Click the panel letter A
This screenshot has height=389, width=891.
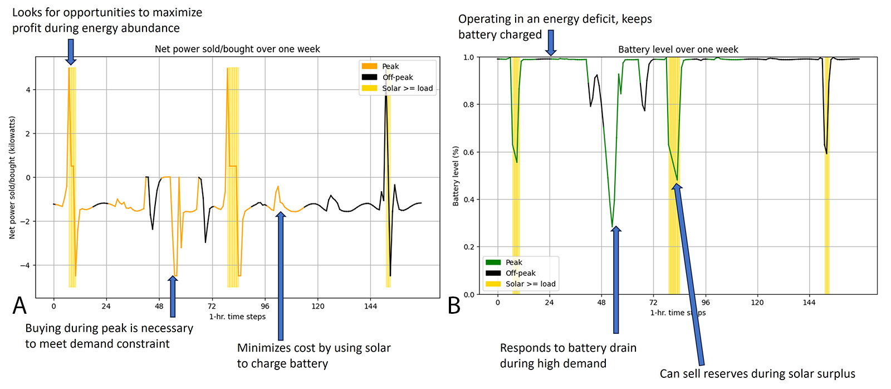point(19,305)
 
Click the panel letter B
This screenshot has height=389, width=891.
point(454,305)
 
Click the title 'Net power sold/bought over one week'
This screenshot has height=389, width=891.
point(237,49)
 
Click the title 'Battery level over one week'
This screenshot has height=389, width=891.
point(678,50)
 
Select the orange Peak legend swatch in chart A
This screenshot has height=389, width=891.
point(369,66)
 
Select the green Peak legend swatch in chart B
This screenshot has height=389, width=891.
point(493,262)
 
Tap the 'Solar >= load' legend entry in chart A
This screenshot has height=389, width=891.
point(407,88)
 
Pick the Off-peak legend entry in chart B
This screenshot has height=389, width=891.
point(520,273)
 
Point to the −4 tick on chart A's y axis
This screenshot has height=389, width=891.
point(25,265)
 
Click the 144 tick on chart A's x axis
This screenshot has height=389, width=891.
point(370,306)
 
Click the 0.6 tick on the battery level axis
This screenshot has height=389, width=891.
point(468,152)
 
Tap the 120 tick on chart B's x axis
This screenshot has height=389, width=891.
point(757,303)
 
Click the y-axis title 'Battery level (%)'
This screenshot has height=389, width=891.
point(456,176)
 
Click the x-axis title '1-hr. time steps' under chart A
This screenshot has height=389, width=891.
point(237,317)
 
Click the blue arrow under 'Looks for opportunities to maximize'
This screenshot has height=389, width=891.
point(70,51)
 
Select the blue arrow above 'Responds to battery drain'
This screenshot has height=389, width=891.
point(615,279)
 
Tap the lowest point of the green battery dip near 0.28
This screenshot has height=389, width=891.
point(613,227)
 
